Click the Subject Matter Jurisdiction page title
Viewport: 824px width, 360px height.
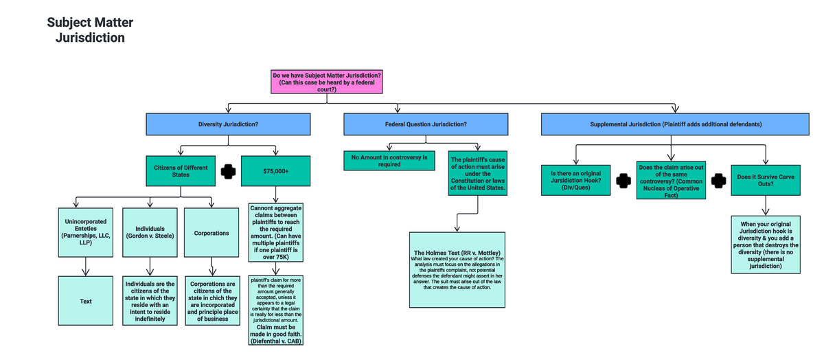click(x=90, y=30)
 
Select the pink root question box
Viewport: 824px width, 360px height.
click(x=327, y=82)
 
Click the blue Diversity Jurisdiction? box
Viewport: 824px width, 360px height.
click(x=228, y=124)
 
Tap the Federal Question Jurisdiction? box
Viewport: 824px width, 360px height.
click(x=426, y=124)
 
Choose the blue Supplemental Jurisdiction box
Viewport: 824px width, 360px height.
click(x=675, y=124)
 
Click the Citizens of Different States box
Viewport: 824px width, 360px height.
click(x=181, y=171)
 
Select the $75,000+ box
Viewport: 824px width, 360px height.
click(x=275, y=171)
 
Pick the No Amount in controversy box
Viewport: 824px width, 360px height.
click(x=389, y=161)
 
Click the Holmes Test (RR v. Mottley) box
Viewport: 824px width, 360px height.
click(x=457, y=269)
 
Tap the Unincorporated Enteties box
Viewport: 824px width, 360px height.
click(x=86, y=233)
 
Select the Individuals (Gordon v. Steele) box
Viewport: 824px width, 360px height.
click(x=149, y=233)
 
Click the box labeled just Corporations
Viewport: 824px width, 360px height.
click(x=211, y=233)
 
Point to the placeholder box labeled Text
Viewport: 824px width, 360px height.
click(x=86, y=301)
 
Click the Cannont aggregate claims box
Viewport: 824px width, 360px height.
click(x=275, y=232)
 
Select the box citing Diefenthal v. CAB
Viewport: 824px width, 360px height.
click(x=275, y=311)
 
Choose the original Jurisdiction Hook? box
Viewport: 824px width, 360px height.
click(x=575, y=180)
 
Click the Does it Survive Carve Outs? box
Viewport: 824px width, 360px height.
click(x=765, y=180)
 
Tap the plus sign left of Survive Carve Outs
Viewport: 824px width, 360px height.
click(x=718, y=180)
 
